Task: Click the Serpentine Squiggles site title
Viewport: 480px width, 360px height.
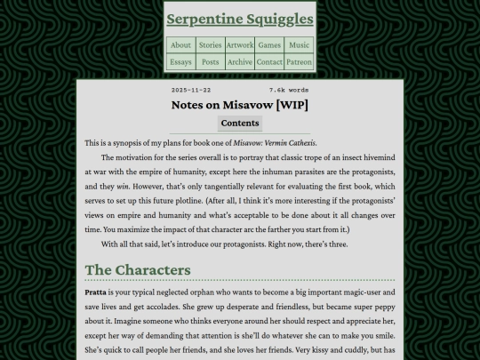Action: pos(240,19)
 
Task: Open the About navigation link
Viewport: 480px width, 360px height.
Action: pos(180,45)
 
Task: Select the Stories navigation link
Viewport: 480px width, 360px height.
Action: pos(210,45)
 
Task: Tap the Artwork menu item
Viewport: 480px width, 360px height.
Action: pos(240,45)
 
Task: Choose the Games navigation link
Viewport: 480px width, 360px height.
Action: pos(269,45)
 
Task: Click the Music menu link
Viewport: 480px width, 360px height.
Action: pos(300,45)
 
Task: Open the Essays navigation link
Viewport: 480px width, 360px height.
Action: pos(180,62)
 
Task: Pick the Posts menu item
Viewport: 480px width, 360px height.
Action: pos(210,62)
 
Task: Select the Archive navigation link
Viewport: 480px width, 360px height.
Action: pos(240,62)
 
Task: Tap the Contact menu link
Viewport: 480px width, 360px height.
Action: pos(269,62)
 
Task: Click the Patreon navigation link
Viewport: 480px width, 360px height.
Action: pos(300,62)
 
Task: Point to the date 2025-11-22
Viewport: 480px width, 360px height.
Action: pos(191,90)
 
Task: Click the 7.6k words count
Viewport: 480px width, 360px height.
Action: pos(288,90)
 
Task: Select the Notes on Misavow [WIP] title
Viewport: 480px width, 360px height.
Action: pos(240,105)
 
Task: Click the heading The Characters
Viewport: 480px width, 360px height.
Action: pos(138,269)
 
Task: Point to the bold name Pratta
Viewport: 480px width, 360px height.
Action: pos(95,292)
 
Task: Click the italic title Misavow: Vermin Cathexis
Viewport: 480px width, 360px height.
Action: pos(276,143)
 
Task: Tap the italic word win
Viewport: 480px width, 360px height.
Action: pos(124,188)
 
